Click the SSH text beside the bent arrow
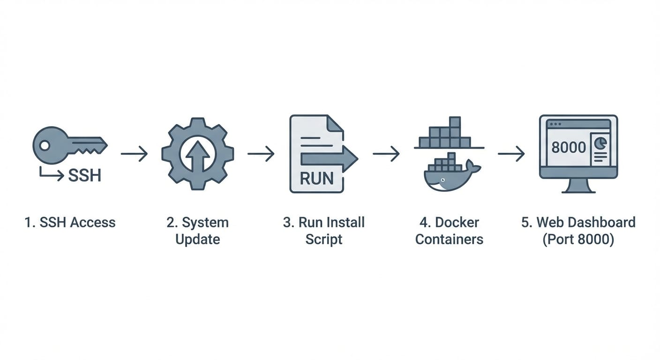[x=84, y=175]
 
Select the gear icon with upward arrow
[x=197, y=154]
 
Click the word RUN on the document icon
[x=316, y=178]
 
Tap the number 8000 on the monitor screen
[x=569, y=147]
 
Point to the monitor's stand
[x=578, y=187]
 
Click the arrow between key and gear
[x=134, y=153]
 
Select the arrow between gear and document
[x=261, y=153]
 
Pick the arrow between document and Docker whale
[x=386, y=153]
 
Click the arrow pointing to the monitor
[x=511, y=153]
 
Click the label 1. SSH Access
[x=70, y=222]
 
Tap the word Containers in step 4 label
[x=449, y=239]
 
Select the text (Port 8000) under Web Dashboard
[x=578, y=239]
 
